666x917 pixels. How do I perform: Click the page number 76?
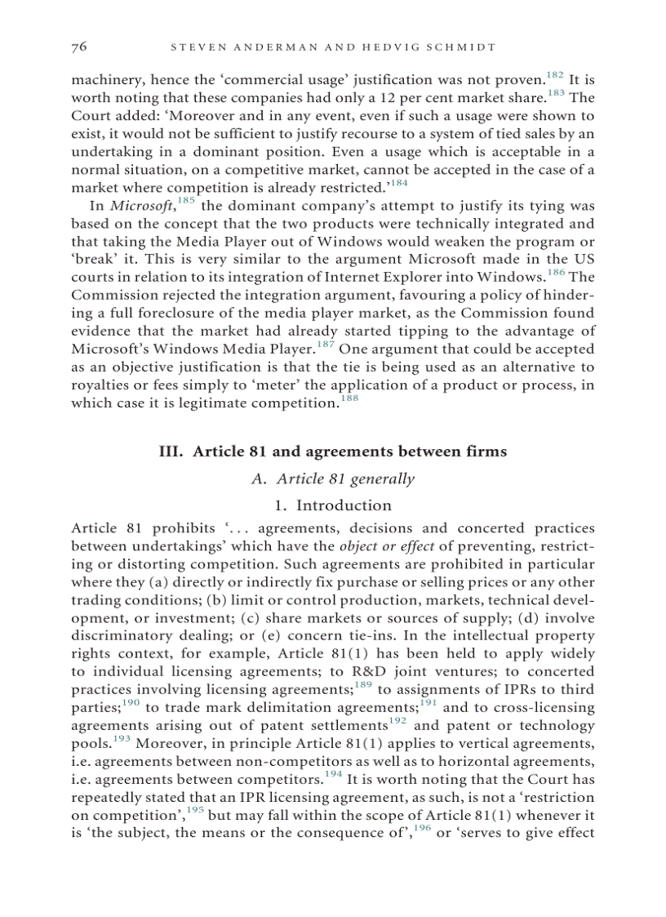(x=79, y=47)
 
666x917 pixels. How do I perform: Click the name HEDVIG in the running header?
(x=394, y=47)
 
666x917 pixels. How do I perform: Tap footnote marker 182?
(x=555, y=76)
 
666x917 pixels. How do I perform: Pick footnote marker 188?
(x=349, y=399)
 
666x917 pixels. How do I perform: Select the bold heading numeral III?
(x=171, y=452)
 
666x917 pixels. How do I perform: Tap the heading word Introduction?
(x=344, y=505)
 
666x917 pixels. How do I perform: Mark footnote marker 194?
(x=333, y=775)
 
